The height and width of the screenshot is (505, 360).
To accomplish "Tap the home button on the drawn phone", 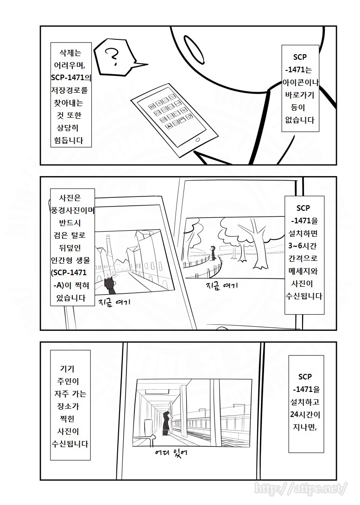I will (x=198, y=139).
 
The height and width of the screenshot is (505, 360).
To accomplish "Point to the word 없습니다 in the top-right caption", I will (x=300, y=120).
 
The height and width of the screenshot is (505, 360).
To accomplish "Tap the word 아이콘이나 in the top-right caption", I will (x=301, y=82).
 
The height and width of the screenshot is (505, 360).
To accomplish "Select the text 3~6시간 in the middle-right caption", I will (x=304, y=244).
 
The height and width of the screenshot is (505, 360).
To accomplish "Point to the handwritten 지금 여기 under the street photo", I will (x=115, y=303).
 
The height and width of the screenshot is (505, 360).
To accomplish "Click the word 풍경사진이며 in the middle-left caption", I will (x=73, y=209).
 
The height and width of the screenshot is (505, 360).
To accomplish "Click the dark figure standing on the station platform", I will (x=168, y=423).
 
